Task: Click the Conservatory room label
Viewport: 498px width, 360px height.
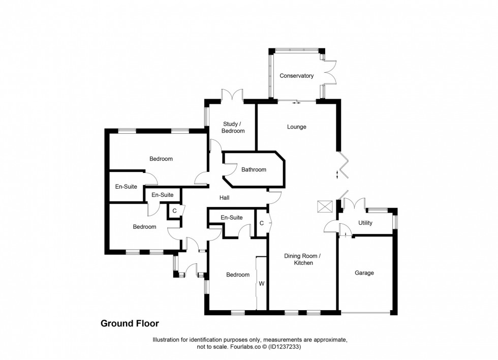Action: tap(297, 76)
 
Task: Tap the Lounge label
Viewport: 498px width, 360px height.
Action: tap(297, 127)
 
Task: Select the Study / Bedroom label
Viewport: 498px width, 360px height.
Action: tap(234, 128)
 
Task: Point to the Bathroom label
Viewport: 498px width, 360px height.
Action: tap(254, 170)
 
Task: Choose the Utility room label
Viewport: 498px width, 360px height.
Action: tap(365, 223)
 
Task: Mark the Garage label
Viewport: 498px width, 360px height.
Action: tap(364, 273)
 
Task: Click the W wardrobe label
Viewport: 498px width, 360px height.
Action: tap(262, 283)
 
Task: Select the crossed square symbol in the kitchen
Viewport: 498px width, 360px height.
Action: tap(325, 206)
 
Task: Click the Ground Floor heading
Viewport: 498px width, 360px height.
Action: tap(130, 323)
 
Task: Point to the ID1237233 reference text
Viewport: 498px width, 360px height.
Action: tap(286, 347)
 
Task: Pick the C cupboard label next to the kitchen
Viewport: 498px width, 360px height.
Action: tap(261, 223)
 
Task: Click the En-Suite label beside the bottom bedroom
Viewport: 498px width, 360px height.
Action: tap(232, 218)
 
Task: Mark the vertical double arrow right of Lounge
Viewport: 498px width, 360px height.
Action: tap(338, 176)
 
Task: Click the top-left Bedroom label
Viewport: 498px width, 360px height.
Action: tap(161, 159)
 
